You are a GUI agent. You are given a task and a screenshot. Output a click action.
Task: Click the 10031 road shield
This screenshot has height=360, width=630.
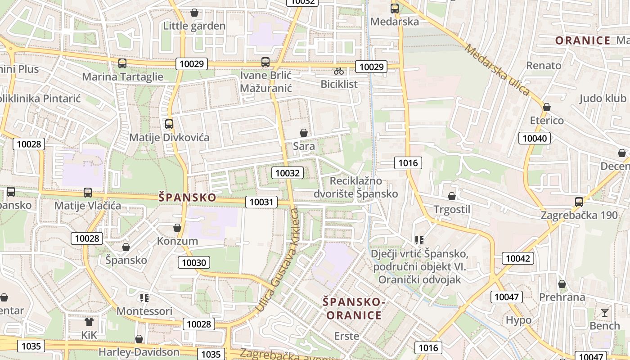click(x=261, y=202)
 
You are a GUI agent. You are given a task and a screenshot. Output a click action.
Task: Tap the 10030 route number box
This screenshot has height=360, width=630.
click(x=194, y=262)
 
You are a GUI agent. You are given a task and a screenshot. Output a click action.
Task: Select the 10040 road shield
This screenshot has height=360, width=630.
click(x=535, y=138)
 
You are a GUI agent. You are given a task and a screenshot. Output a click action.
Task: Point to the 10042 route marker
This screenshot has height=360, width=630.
click(x=518, y=258)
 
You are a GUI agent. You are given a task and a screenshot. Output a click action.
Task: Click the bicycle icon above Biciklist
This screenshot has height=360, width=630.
click(x=339, y=71)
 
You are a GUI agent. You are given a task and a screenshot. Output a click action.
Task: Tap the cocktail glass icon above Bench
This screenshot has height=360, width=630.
click(x=604, y=312)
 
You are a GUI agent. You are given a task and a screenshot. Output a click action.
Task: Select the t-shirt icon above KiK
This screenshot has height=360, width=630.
click(x=89, y=321)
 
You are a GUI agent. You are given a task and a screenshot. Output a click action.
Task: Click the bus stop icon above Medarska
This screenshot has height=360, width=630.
click(x=395, y=8)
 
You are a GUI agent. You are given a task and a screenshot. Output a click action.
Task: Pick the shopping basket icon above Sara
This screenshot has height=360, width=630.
click(x=304, y=133)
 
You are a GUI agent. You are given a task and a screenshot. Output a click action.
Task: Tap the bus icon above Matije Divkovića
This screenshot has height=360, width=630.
click(x=169, y=124)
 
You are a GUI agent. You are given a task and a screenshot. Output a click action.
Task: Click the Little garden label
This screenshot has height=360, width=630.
click(x=194, y=26)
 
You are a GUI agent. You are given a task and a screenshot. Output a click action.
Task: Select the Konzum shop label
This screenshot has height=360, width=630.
click(x=177, y=241)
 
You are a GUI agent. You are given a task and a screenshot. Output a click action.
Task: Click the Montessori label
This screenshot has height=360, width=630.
click(x=144, y=311)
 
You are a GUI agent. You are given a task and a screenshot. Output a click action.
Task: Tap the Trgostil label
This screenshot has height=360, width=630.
click(x=452, y=209)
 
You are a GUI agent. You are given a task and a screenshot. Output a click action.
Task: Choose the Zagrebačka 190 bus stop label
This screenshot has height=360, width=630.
click(x=579, y=215)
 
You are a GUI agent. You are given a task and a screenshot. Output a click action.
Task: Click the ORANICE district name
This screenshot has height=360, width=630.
click(x=583, y=40)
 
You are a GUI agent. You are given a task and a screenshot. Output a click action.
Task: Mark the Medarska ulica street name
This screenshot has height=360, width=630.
click(x=498, y=69)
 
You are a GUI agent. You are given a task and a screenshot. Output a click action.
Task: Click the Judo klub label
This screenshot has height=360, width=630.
click(x=603, y=99)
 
